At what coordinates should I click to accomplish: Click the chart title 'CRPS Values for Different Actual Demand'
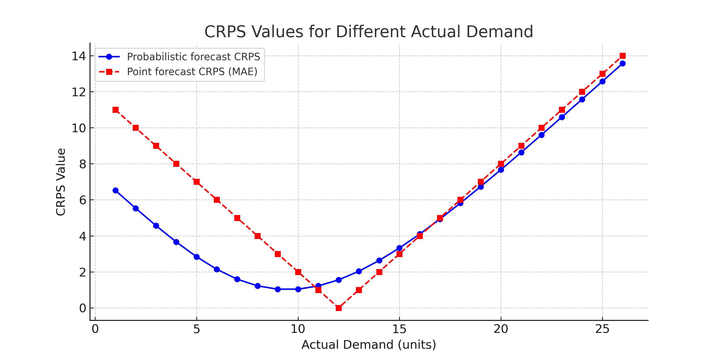coord(369,32)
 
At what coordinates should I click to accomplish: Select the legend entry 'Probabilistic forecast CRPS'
coord(193,57)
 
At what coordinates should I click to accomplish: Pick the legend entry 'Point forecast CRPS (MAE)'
coord(192,72)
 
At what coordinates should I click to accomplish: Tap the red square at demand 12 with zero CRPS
coord(338,308)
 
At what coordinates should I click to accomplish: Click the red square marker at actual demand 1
coord(115,110)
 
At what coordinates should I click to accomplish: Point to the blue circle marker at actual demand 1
coord(115,191)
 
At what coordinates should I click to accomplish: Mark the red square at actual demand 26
coord(623,56)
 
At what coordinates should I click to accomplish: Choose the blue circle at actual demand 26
coord(623,63)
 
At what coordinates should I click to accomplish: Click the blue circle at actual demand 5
coord(197,257)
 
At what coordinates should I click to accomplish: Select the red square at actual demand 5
coord(197,182)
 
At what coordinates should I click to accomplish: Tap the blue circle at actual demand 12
coord(338,280)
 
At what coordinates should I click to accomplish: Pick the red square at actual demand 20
coord(501,164)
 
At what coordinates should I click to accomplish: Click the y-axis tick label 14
coord(79,56)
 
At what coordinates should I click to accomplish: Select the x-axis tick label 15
coord(399,329)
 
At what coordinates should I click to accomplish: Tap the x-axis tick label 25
coord(602,329)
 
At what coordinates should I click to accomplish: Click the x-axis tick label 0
coord(95,329)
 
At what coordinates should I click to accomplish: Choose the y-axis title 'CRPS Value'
coord(61,182)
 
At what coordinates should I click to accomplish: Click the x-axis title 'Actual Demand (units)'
coord(369,345)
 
